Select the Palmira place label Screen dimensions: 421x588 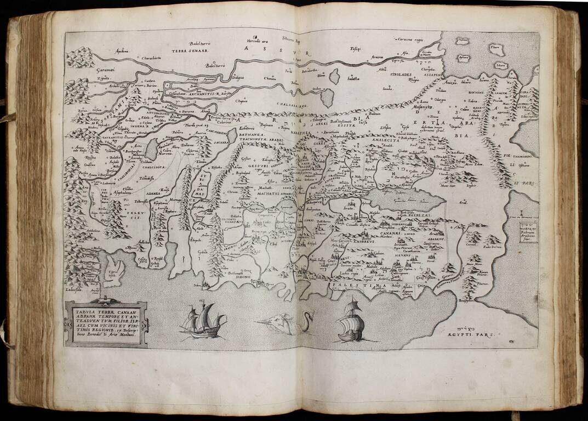click(177, 133)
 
